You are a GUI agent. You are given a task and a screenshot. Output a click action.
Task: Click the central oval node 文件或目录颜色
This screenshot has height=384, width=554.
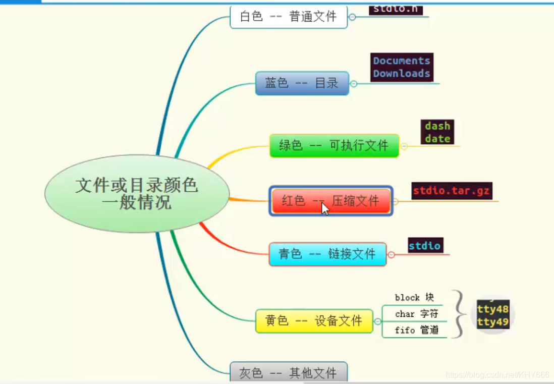(x=137, y=193)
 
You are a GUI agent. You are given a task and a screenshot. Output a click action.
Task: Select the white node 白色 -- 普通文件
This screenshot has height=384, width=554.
(x=289, y=17)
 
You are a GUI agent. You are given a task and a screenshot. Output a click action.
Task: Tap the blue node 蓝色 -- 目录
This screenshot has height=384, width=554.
(x=302, y=83)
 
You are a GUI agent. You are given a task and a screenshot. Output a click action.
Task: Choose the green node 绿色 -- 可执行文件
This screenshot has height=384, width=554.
(x=334, y=146)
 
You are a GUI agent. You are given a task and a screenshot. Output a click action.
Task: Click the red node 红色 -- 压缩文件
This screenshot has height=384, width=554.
(x=331, y=201)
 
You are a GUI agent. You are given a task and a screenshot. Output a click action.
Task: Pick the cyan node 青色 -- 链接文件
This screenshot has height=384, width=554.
(x=328, y=254)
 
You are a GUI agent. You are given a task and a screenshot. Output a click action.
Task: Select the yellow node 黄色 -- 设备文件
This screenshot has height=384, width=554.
(x=314, y=321)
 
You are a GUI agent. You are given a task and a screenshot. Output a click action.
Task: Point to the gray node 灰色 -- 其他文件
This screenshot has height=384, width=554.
(x=288, y=373)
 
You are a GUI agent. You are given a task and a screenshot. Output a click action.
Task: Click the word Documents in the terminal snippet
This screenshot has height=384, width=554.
(x=402, y=61)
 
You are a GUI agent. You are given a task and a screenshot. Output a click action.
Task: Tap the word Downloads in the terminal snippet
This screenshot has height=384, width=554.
(x=402, y=74)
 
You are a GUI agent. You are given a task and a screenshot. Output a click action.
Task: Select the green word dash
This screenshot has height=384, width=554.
(x=437, y=126)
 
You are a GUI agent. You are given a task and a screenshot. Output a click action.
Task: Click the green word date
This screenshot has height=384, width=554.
(x=437, y=138)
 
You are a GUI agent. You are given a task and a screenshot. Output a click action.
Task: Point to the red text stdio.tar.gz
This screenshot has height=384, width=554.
(x=451, y=191)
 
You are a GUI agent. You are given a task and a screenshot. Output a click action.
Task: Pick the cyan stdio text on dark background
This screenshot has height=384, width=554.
(x=425, y=246)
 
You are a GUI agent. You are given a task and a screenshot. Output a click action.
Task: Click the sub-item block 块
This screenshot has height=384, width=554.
(x=414, y=298)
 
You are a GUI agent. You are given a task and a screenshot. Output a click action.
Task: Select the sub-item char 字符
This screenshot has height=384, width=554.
(x=416, y=314)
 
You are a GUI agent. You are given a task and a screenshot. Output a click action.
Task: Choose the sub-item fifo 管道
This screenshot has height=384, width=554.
(x=416, y=331)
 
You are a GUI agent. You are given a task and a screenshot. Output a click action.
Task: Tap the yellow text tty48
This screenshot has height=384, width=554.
(x=492, y=309)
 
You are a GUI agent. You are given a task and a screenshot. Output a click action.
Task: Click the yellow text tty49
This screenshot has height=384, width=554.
(x=492, y=322)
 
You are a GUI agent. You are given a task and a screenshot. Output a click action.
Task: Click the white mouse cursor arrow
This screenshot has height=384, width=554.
(x=325, y=208)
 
